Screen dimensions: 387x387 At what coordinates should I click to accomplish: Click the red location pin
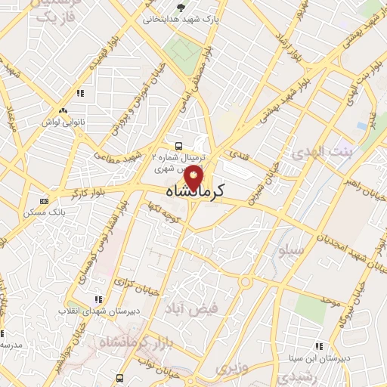pos(194,180)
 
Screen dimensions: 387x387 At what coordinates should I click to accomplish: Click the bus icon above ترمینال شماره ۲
pos(178,145)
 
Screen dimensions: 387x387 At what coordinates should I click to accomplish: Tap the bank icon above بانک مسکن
pos(44,201)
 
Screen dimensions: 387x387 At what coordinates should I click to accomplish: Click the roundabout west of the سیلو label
pos(244,283)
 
